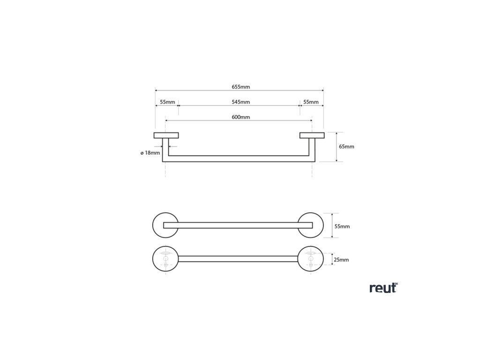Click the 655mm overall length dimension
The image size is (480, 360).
point(240,87)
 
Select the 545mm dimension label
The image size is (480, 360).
point(240,102)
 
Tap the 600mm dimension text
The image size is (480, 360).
point(240,117)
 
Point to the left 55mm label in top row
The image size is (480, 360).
point(167,102)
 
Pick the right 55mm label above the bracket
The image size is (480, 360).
point(311,102)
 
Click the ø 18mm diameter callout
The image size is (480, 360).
point(150,153)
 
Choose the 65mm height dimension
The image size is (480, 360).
point(346,147)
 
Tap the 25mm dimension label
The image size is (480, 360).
point(341,259)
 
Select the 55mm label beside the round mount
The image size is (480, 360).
point(342,226)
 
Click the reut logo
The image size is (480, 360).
point(383,288)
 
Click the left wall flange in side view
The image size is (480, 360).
point(166,136)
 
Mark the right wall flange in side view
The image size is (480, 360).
point(312,136)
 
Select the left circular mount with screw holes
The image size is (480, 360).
point(165,258)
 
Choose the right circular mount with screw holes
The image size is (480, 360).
point(311,258)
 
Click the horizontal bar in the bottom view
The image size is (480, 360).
point(238,258)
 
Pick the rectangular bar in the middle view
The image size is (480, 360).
point(238,225)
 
